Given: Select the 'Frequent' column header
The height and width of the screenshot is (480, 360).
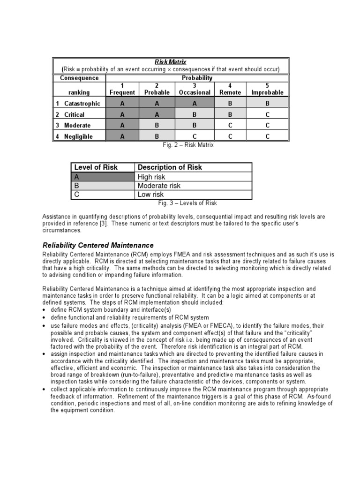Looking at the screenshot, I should coord(122,92).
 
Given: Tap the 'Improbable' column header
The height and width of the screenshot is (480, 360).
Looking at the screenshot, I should coord(267,92).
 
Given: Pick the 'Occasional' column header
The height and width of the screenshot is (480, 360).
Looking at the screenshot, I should coord(195,92).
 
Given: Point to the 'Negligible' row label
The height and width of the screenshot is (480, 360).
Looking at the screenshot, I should coord(78,136).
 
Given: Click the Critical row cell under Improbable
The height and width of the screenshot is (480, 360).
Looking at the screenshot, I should coord(267,114).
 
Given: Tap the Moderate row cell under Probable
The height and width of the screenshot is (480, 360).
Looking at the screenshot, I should coord(157,126).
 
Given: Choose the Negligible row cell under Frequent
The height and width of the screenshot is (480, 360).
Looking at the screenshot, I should coord(122,136).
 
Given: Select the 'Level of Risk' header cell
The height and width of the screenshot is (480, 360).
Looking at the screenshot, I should coord(96,167).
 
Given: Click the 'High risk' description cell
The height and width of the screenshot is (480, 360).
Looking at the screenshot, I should coord(151,177).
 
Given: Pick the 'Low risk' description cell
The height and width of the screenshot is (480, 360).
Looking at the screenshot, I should coord(150,195).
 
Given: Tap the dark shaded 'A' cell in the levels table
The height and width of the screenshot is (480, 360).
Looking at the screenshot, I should coord(103,177).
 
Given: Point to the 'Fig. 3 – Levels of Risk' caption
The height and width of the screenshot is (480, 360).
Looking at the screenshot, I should coord(187,203).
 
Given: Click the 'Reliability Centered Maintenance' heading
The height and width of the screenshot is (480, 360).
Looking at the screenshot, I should coord(98,245).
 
